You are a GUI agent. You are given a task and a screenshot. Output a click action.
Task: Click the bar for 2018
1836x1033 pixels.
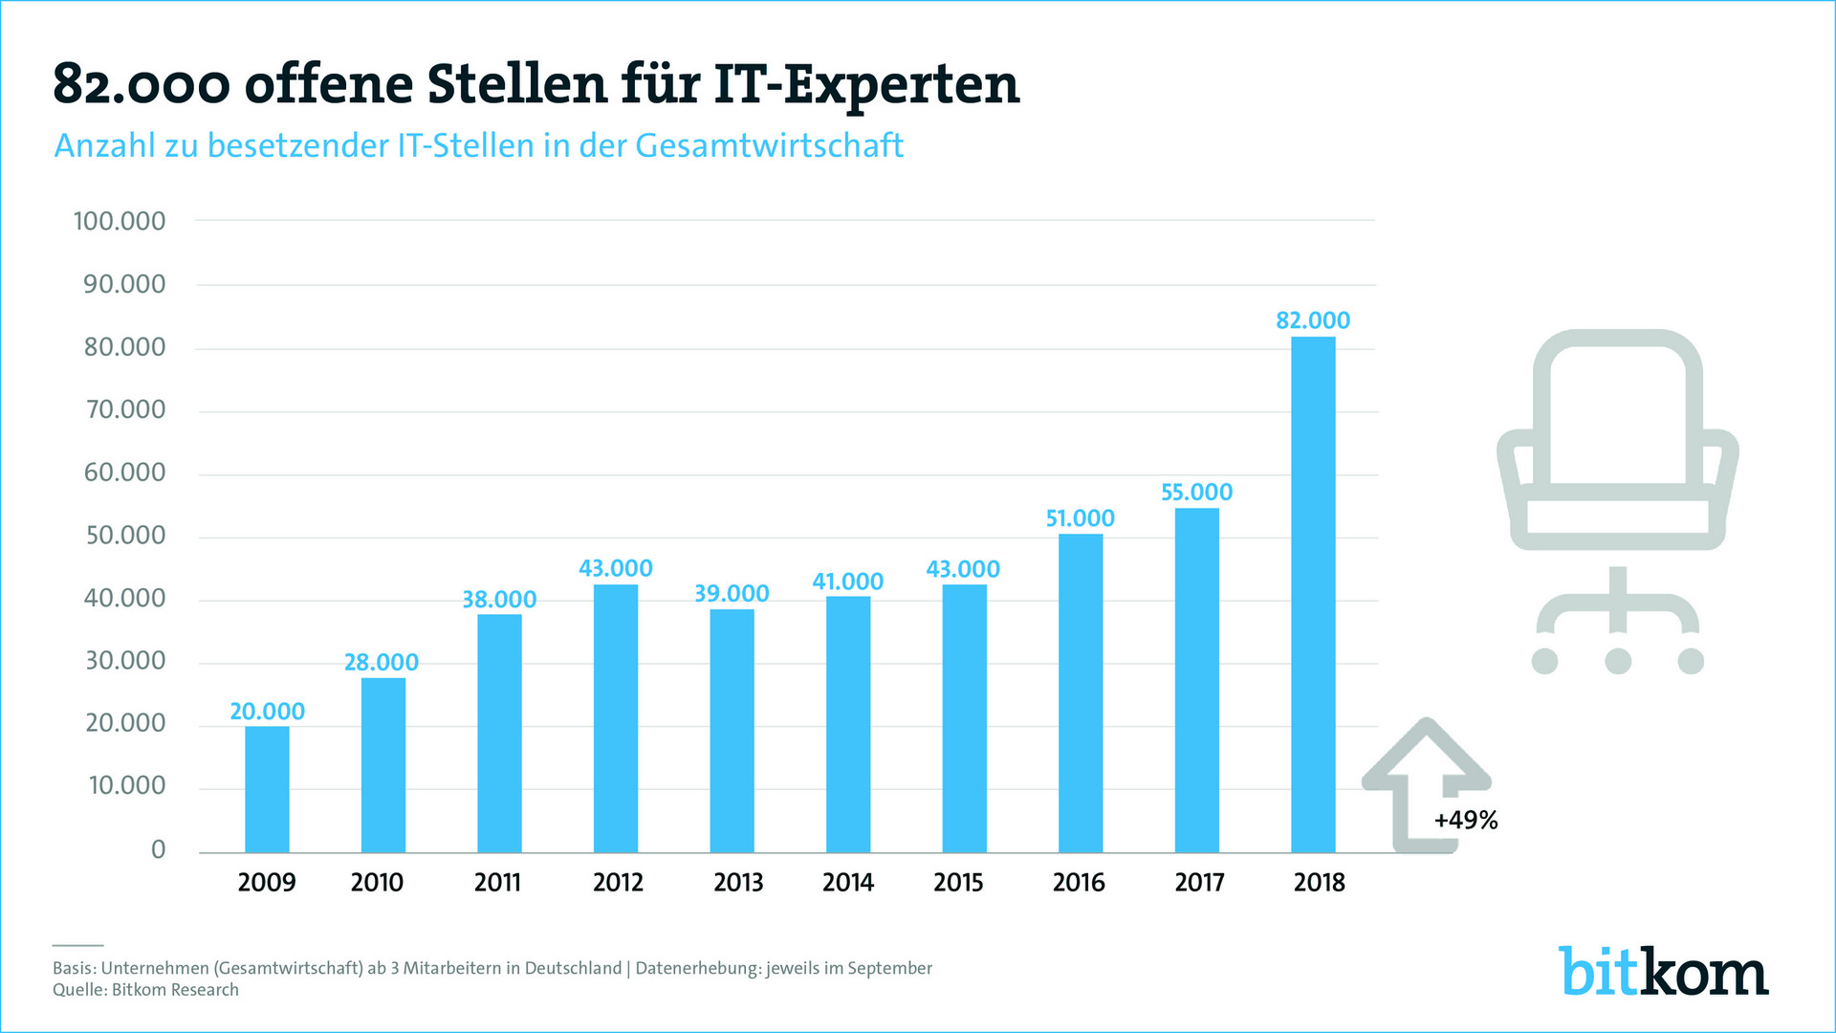coord(1313,593)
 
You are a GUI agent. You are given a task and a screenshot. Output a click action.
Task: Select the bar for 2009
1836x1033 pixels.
coord(267,789)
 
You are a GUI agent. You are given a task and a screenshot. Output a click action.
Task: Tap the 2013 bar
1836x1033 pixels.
coord(732,731)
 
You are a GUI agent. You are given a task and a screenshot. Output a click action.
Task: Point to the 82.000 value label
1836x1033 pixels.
coord(1313,320)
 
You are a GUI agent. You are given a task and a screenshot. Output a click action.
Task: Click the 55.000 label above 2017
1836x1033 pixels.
coord(1196,493)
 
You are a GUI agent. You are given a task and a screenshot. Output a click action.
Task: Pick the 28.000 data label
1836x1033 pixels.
coord(382,662)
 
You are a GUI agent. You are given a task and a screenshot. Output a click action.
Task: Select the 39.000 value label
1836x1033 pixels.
coord(732,594)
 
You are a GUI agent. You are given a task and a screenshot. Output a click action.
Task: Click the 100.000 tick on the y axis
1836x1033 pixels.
coord(120,221)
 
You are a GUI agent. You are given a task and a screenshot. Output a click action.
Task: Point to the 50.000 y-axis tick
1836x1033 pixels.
coord(125,536)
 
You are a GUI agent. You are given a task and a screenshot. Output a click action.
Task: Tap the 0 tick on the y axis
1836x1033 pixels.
coord(158,849)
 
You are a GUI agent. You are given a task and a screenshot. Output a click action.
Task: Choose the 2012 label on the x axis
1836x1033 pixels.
coord(618,882)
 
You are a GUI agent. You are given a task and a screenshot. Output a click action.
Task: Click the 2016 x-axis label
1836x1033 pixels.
coord(1079,882)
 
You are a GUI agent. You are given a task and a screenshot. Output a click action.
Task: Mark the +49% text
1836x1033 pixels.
coord(1466,821)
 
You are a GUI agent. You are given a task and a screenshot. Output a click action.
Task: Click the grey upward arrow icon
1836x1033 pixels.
coord(1425,775)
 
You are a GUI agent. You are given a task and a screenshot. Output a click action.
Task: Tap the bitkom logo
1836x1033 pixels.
coord(1663,972)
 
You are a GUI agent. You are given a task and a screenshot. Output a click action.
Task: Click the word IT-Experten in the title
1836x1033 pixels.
coord(867,84)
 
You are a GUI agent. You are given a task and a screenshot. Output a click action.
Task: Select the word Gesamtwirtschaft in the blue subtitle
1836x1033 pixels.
coord(769,145)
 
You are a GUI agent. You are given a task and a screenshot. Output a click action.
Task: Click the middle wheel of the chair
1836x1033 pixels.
coord(1618,660)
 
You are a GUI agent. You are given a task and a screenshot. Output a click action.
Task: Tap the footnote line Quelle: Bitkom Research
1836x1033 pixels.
coord(145,990)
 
